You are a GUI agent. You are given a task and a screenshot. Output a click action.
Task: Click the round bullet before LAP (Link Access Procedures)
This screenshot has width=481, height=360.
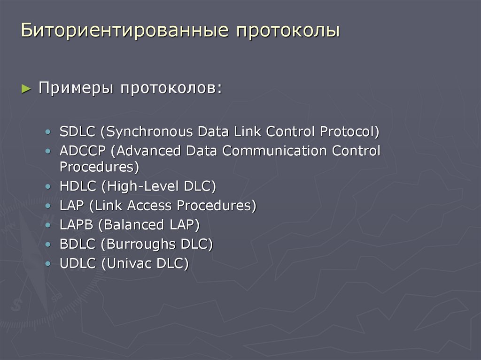tap(49, 206)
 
